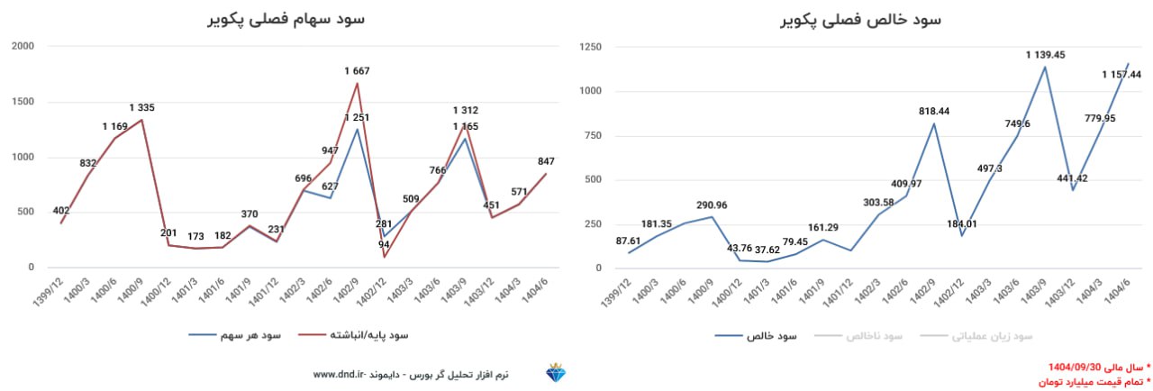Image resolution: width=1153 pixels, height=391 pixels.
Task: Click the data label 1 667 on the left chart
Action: [x=357, y=70]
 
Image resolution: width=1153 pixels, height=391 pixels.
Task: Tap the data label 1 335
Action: [x=141, y=107]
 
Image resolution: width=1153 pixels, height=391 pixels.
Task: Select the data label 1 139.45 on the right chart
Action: [x=1045, y=55]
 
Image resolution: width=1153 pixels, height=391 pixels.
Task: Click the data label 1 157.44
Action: [x=1121, y=75]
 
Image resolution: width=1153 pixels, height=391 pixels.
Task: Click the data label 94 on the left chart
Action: [x=384, y=244]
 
